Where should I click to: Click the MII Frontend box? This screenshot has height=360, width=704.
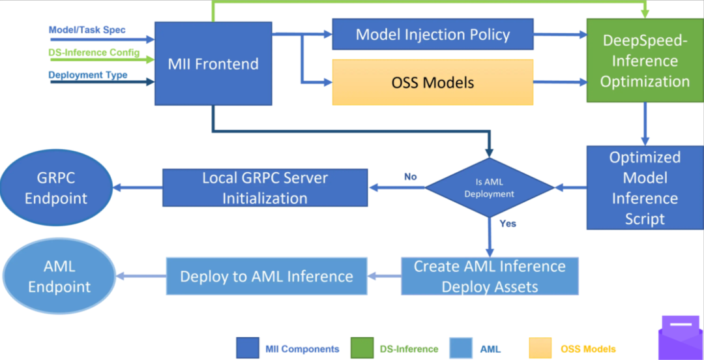(x=213, y=63)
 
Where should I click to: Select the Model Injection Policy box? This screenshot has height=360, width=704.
(x=433, y=34)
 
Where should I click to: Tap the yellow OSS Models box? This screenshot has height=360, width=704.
(x=433, y=82)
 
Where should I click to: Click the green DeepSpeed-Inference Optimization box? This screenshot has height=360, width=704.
(x=645, y=60)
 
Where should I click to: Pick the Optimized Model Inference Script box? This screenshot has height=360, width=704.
(x=645, y=187)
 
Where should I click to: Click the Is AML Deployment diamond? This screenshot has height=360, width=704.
(x=490, y=187)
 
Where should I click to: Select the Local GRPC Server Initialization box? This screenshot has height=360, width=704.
(x=265, y=187)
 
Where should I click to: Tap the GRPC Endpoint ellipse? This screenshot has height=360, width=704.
(x=55, y=188)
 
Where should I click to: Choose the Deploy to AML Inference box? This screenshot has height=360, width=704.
(x=267, y=276)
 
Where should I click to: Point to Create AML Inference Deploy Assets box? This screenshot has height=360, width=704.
(x=490, y=276)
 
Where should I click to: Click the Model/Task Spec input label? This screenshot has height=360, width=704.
(x=87, y=30)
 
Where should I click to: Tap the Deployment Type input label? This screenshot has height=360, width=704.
(x=87, y=74)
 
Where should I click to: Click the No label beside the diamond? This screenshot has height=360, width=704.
(x=411, y=177)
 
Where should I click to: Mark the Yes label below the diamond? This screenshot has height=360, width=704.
(x=508, y=224)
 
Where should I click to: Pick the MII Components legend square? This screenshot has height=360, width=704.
(x=248, y=348)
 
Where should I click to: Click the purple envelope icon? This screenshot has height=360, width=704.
(x=681, y=338)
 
